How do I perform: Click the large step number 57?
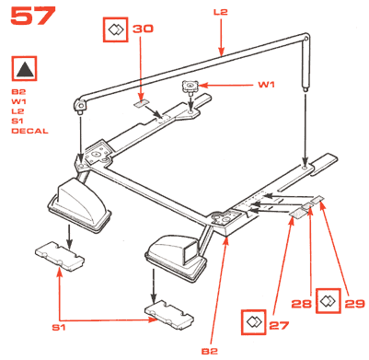click(x=33, y=16)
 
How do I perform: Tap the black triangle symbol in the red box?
click(x=26, y=68)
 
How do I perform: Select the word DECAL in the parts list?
click(x=29, y=131)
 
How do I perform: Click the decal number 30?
click(x=143, y=29)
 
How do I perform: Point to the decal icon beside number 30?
click(x=116, y=29)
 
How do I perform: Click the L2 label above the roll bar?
click(x=221, y=12)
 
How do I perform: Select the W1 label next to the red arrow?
click(x=267, y=85)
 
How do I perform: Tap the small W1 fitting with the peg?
click(x=190, y=87)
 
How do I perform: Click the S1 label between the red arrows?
click(x=59, y=328)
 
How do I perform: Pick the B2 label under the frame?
click(x=210, y=352)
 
